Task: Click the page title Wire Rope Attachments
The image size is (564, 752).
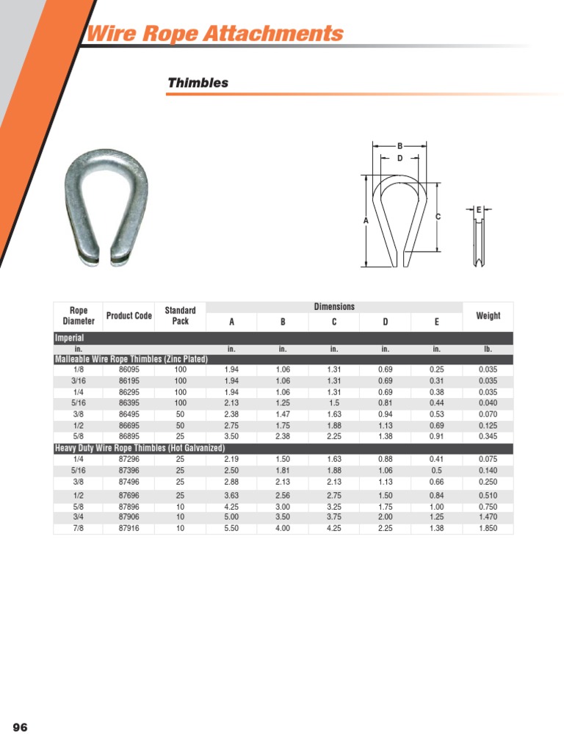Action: coord(215,34)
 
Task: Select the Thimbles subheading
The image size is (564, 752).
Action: coord(198,83)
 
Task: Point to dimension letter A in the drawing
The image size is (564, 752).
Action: coord(365,220)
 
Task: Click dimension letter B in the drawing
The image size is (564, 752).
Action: coord(399,147)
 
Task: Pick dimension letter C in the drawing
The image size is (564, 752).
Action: coord(438,217)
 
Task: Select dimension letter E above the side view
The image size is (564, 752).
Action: coord(479,210)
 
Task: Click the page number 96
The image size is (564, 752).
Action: coord(20,727)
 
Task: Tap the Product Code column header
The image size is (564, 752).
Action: coord(129,316)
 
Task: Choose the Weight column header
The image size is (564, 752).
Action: coord(488,316)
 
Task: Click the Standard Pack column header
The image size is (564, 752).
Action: coord(180,316)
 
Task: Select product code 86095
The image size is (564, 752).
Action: coord(129,370)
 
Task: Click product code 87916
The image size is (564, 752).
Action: coord(129,528)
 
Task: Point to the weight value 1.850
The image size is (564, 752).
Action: coord(488,528)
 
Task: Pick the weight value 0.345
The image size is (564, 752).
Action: coord(488,436)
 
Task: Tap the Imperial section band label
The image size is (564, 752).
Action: coord(70,338)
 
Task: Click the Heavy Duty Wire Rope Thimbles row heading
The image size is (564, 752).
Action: coord(140,448)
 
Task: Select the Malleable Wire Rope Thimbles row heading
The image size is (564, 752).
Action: coord(131,359)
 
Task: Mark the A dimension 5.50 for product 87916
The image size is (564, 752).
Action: coord(231,528)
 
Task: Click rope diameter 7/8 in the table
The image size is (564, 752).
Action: coord(78,528)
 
